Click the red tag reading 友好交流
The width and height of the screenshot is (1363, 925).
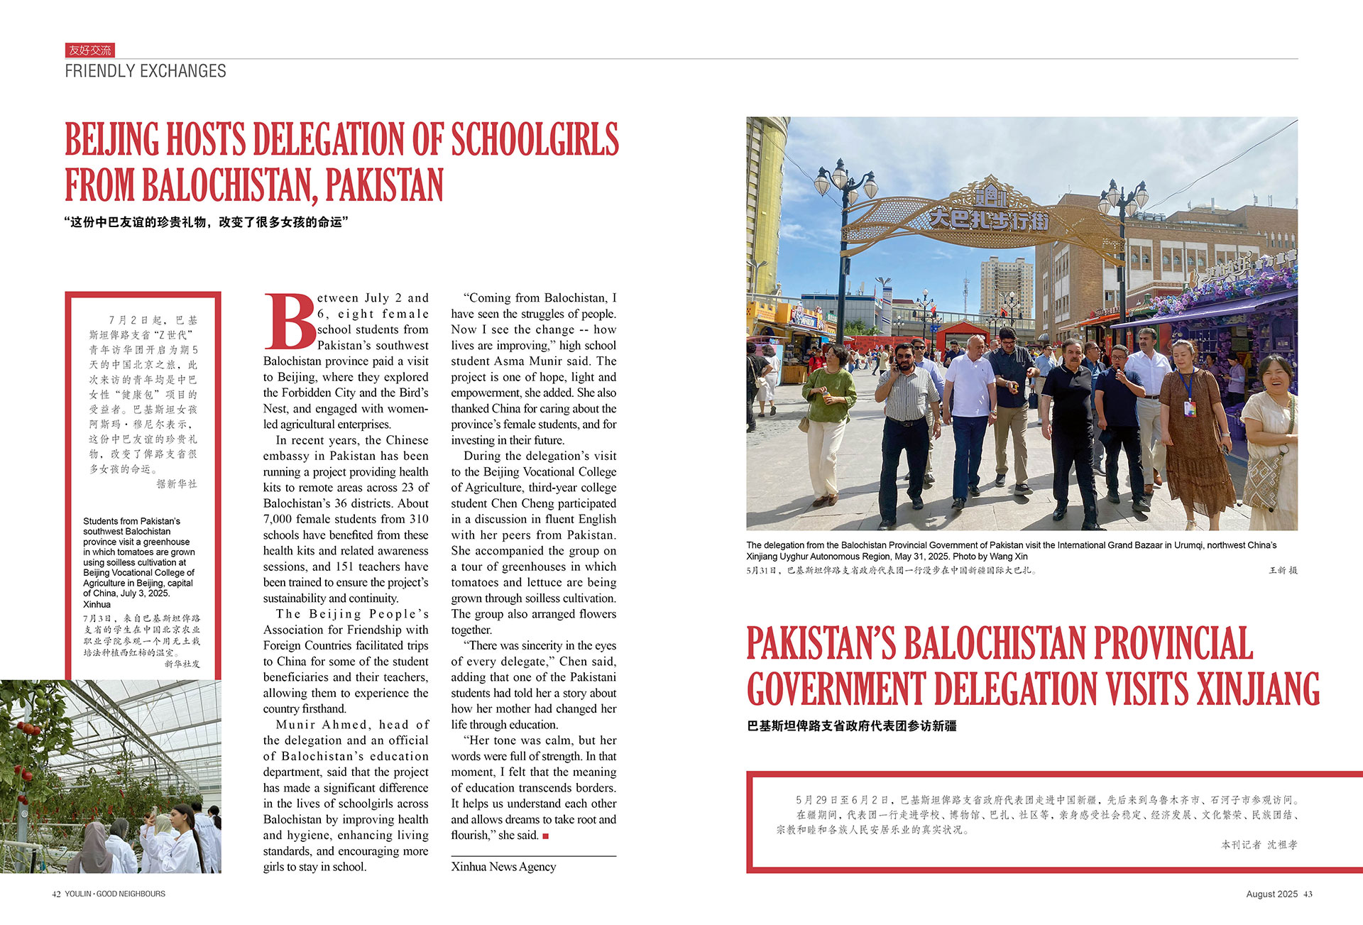(x=89, y=50)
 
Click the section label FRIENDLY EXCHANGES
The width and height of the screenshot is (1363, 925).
(x=146, y=71)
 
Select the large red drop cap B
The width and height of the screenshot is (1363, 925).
(x=289, y=322)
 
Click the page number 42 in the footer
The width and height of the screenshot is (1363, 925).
(x=56, y=894)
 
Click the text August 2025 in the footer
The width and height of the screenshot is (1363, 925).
(x=1271, y=894)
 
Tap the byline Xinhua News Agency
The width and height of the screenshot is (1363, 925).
(x=503, y=866)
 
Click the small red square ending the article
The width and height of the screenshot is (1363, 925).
(x=545, y=836)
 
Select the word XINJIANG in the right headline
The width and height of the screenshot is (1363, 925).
(x=1258, y=689)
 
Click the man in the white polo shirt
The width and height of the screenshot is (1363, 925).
(x=970, y=419)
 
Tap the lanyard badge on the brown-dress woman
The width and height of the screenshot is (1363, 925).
(x=1190, y=407)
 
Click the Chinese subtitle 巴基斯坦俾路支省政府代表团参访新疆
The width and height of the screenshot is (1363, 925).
(x=852, y=726)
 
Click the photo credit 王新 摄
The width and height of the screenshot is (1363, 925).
(x=1283, y=570)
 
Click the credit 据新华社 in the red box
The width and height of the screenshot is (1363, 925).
(x=177, y=483)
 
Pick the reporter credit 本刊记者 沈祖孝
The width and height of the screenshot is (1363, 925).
(x=1259, y=844)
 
